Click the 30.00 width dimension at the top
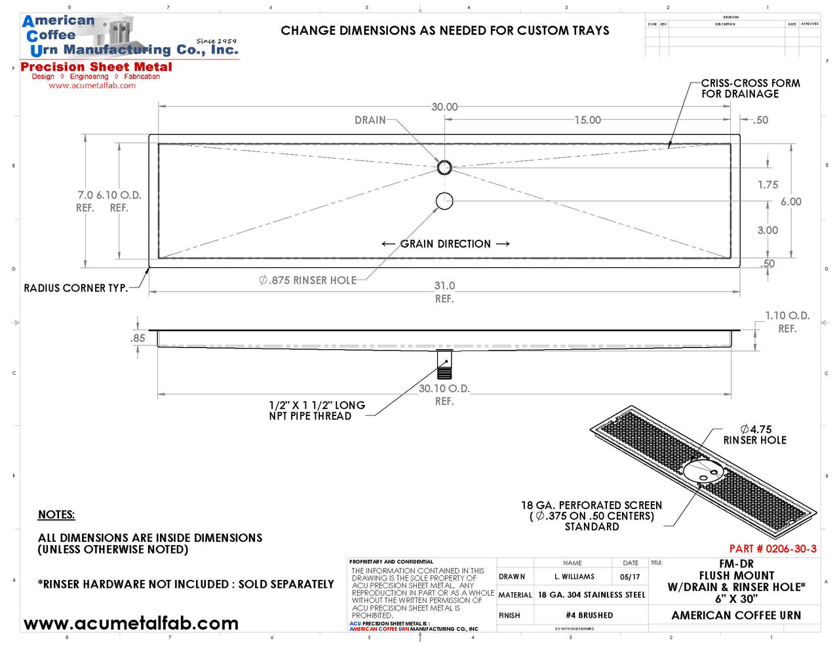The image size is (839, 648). coord(444,107)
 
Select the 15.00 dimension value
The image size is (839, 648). coord(587,120)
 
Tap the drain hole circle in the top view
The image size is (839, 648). coord(444,167)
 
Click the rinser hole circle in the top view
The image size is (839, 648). coord(444,201)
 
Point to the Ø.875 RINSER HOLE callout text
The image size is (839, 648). coord(308,280)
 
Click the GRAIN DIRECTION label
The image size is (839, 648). coord(445,244)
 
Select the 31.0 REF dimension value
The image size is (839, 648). coord(444,286)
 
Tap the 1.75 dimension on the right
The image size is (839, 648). coord(768,185)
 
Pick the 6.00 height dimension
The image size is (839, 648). coord(790,202)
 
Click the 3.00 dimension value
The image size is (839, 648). coord(768,231)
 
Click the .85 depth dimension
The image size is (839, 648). coord(138,339)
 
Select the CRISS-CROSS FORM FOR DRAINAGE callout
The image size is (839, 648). coord(750,88)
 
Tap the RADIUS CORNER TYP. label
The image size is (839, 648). coord(75,288)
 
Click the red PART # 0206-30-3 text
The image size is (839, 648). coord(773,549)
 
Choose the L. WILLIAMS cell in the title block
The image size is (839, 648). coord(574,577)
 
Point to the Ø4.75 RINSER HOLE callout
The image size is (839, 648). coord(755,435)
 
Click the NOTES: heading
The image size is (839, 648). coord(56,515)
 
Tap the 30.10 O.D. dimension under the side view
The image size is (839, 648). coord(444,389)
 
